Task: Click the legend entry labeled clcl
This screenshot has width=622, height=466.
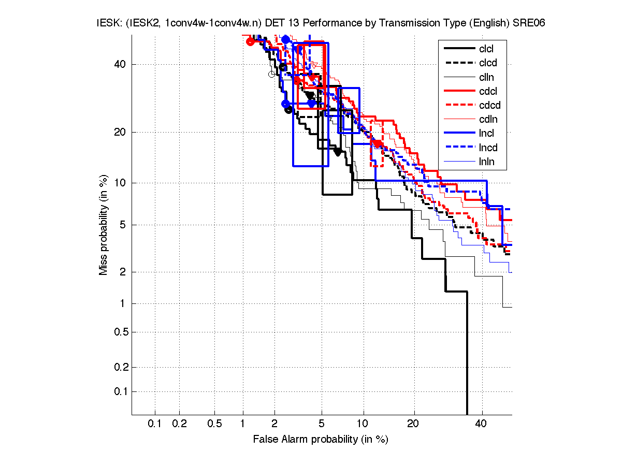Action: point(486,49)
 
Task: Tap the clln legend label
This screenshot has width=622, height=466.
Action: point(486,77)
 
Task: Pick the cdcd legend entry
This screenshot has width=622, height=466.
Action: point(489,106)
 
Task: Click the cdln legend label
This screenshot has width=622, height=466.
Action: point(488,120)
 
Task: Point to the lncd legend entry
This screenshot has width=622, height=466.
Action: point(488,148)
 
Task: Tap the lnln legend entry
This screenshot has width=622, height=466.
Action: point(486,162)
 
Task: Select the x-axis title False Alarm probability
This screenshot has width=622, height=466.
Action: point(321,440)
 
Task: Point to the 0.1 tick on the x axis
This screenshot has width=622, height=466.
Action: point(155,424)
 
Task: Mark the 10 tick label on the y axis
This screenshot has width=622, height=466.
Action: point(120,183)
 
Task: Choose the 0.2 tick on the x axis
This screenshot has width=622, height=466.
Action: point(179,424)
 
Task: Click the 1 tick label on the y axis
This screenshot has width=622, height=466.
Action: point(122,303)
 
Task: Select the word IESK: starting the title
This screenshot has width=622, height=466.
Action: point(109,23)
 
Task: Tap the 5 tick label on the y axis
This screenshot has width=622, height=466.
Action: point(122,225)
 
